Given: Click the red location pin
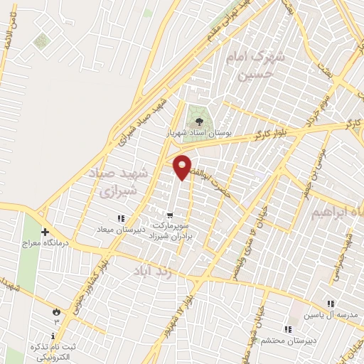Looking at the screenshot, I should (x=183, y=166).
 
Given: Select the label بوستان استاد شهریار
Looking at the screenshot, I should (x=190, y=134).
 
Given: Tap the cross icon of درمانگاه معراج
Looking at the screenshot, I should (x=45, y=232).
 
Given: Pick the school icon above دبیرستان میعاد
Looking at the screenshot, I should (x=122, y=218).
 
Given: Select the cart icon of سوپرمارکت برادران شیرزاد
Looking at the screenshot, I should (x=169, y=214).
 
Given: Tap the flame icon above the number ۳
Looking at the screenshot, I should (x=55, y=311).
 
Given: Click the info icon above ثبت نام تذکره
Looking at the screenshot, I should (x=55, y=333).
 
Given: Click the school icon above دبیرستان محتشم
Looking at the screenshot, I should (x=288, y=329).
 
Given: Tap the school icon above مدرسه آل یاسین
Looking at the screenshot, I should (x=331, y=304).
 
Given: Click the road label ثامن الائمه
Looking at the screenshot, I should (x=8, y=36).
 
